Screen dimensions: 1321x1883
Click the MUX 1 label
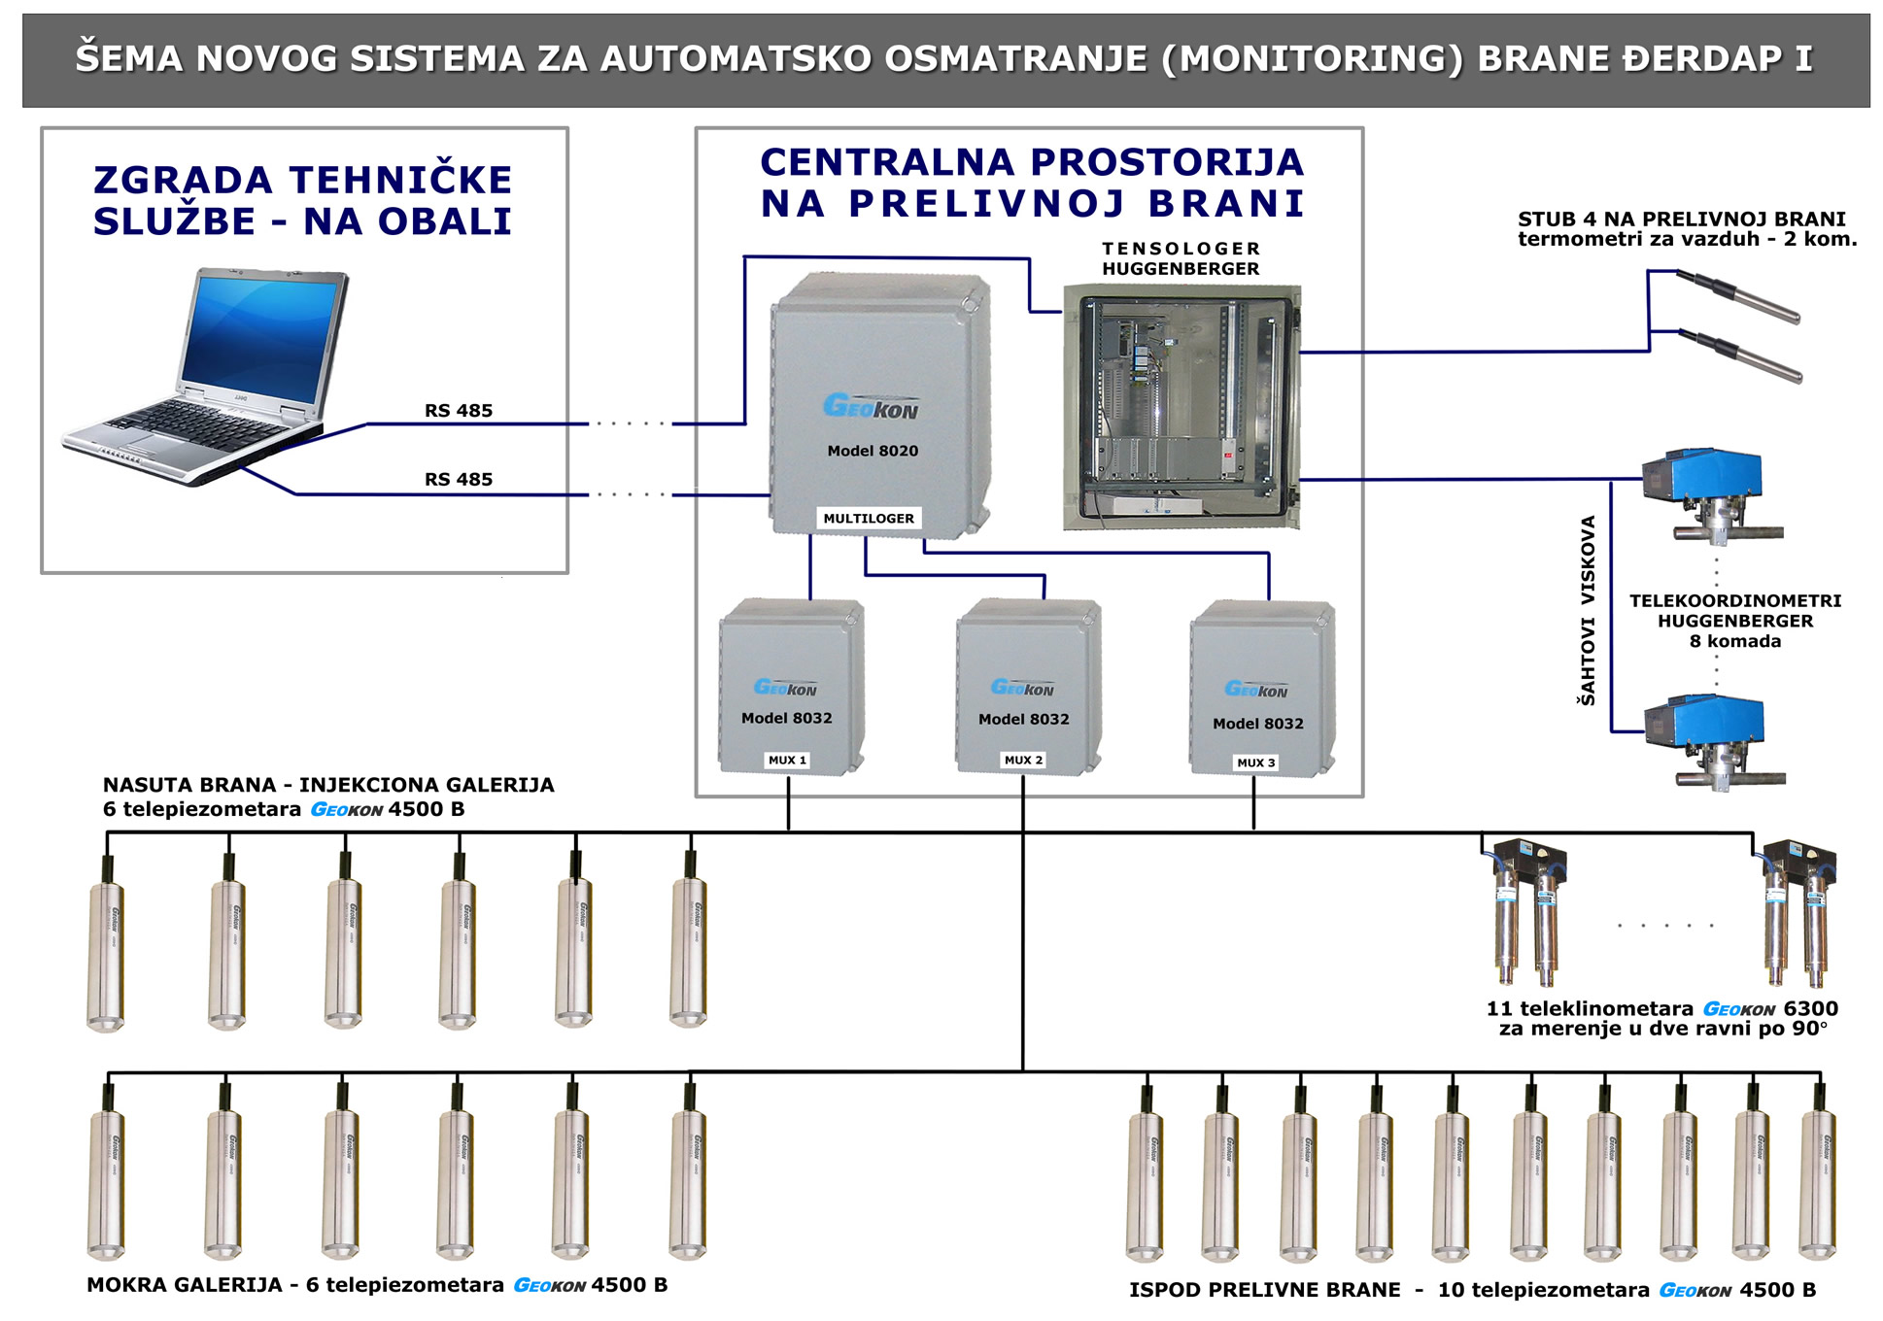[x=787, y=760]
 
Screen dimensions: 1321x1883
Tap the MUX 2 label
[x=1023, y=760]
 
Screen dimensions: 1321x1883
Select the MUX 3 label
[x=1255, y=762]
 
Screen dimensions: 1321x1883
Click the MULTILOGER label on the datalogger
[x=869, y=519]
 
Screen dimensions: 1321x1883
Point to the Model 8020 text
[x=873, y=451]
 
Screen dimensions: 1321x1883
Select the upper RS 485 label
[x=459, y=411]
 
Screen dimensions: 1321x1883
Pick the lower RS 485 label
[x=459, y=479]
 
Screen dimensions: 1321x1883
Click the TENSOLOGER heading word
[x=1181, y=249]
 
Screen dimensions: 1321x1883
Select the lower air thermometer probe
[x=1739, y=356]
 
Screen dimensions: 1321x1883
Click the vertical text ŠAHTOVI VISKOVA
[x=1588, y=610]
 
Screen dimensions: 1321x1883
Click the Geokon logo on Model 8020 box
[x=871, y=406]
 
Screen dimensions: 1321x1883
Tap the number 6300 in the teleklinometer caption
[x=1810, y=1008]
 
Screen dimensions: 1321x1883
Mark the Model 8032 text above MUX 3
[x=1258, y=724]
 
